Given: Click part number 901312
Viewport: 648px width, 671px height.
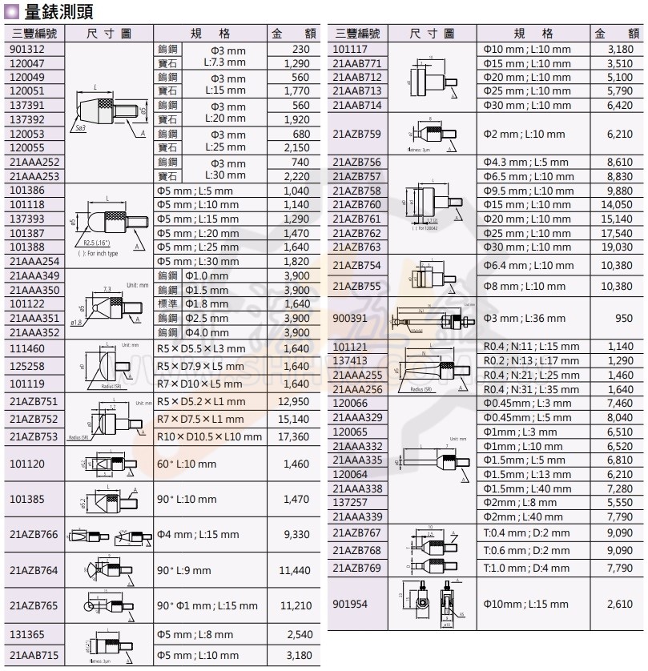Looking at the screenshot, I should [26, 49].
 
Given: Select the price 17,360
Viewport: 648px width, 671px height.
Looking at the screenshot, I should [293, 436].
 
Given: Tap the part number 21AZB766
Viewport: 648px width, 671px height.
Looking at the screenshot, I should [34, 534].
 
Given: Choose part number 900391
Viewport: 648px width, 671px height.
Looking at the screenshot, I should [352, 318].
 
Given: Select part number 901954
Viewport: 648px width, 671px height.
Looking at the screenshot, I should [352, 605].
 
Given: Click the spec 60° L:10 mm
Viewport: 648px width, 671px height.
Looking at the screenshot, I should [187, 464].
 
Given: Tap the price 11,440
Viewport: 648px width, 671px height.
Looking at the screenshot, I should [295, 570].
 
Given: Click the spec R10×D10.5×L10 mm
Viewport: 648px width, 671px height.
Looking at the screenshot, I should [209, 436].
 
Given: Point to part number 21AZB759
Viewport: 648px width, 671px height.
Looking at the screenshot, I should [357, 134].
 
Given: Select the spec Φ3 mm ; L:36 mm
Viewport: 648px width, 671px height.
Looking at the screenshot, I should [525, 318].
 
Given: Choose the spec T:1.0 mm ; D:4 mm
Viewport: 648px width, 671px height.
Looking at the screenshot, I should [527, 568].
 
